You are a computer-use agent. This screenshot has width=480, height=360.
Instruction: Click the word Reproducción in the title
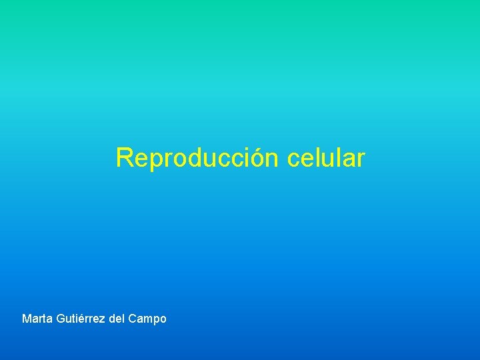point(198,159)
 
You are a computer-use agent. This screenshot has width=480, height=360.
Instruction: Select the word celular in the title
point(327,159)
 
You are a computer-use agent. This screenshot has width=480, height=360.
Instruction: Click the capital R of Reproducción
point(124,159)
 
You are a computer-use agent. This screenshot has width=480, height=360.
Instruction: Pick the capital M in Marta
point(27,319)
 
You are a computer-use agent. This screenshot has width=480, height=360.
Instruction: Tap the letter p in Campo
point(154,320)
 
